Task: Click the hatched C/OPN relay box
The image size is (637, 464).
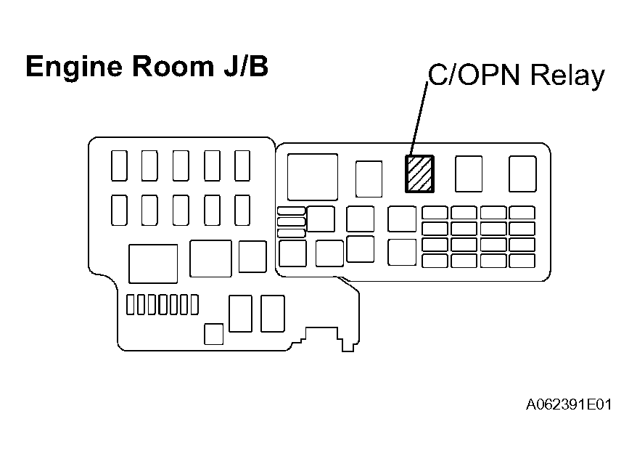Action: point(419,174)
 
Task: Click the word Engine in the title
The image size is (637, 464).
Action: point(74,67)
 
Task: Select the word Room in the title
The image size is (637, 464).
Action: point(173,66)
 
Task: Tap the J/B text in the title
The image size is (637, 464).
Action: point(246,66)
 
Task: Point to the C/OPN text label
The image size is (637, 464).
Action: point(474,75)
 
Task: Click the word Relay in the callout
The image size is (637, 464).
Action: point(567,76)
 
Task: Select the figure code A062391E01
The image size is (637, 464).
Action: point(569,404)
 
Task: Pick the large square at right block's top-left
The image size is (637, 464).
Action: point(313,177)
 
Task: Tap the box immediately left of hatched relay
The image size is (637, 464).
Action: point(369,179)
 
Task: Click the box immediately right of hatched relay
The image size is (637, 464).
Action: point(469,174)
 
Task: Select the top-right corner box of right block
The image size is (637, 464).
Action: point(522,174)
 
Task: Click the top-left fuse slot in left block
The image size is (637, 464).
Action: point(119,166)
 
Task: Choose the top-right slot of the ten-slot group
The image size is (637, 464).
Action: point(242,166)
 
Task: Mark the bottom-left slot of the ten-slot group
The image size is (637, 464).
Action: point(119,211)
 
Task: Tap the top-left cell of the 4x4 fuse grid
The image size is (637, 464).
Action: point(435,213)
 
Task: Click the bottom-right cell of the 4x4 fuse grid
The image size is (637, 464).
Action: point(522,261)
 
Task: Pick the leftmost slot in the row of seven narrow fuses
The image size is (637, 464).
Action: point(130,305)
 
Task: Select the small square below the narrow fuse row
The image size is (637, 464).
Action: point(214,334)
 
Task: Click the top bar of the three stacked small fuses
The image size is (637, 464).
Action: point(291,211)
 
